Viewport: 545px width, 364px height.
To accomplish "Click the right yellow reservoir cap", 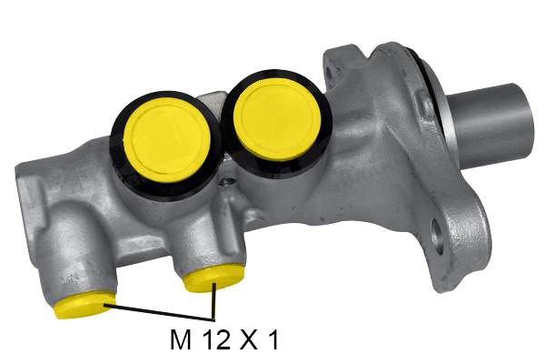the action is (x=277, y=118).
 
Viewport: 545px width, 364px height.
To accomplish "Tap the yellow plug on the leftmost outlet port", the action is (x=84, y=305).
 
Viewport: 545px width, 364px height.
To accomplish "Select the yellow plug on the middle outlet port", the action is (x=214, y=278).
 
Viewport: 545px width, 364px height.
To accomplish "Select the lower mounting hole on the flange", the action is (x=437, y=237).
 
